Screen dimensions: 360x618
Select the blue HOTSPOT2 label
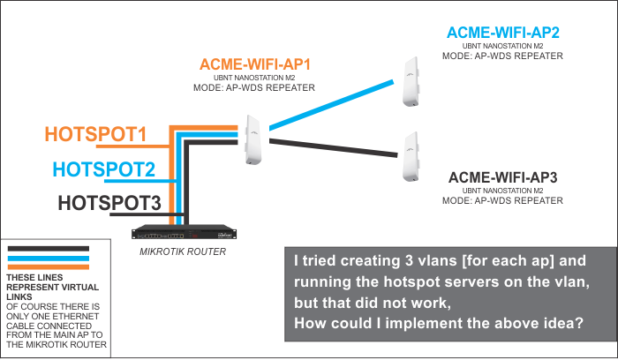(x=103, y=169)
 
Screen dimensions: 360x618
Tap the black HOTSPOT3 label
(x=109, y=202)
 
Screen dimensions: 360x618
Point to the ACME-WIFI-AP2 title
(x=502, y=33)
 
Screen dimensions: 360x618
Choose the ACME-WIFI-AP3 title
(x=502, y=177)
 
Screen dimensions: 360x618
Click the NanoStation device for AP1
(x=254, y=139)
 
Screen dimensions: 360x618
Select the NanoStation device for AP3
(x=409, y=159)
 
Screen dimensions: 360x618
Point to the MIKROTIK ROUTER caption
(x=184, y=251)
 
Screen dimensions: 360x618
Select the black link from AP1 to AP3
(x=331, y=146)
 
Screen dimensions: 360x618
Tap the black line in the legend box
(x=48, y=249)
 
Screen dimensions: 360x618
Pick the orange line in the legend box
(x=48, y=266)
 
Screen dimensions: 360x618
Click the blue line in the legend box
(x=48, y=258)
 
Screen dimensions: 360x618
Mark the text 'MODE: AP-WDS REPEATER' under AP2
(x=502, y=56)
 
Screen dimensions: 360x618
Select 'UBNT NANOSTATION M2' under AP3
(x=502, y=191)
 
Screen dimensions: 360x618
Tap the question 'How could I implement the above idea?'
(x=437, y=323)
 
